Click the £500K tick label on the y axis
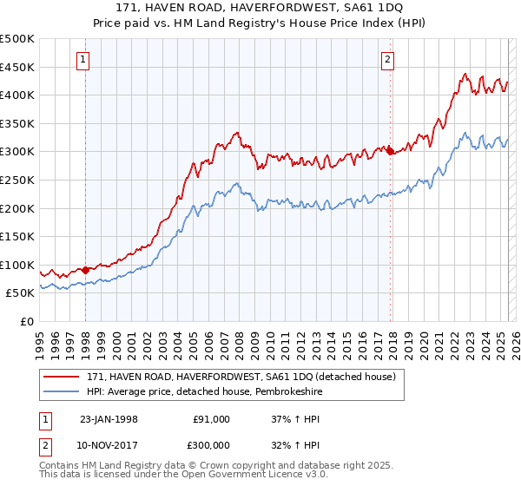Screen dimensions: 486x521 click(17, 39)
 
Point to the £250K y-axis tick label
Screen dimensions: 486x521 click(17, 180)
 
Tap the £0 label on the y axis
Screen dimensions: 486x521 click(26, 321)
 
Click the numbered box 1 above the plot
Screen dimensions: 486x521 click(82, 60)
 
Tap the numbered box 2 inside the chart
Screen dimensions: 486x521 click(386, 60)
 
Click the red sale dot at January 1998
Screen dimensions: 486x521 click(86, 270)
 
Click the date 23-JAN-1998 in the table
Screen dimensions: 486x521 click(109, 419)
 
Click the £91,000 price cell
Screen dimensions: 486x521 click(211, 419)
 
